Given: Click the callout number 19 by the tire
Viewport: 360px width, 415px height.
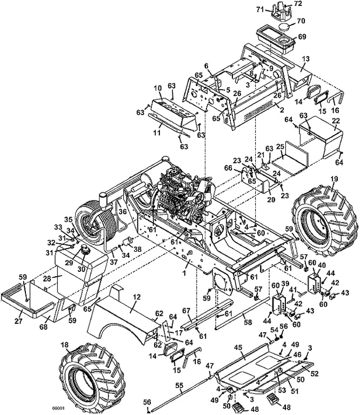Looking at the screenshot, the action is [x=334, y=179].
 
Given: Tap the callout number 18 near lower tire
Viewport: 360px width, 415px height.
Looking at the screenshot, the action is [x=64, y=345].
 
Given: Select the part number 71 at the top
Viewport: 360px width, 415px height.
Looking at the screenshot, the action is [x=261, y=9].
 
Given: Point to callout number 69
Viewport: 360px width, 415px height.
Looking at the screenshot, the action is [x=302, y=37].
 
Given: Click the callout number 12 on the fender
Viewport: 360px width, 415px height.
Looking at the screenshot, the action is [x=137, y=297].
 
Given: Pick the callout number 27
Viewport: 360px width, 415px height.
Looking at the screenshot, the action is [x=19, y=321].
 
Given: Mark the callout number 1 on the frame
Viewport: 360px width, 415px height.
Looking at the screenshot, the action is [x=184, y=272].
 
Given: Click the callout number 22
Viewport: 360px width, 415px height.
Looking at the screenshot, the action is [x=336, y=121].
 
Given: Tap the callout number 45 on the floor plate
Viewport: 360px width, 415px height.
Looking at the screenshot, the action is [x=238, y=347].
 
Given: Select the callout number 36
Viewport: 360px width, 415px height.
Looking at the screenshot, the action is [x=123, y=212].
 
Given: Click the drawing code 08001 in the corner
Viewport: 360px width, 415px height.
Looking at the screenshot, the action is [x=59, y=409].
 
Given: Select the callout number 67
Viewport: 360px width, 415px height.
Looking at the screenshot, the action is [x=186, y=311].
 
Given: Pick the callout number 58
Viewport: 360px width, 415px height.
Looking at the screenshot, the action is [x=248, y=323].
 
